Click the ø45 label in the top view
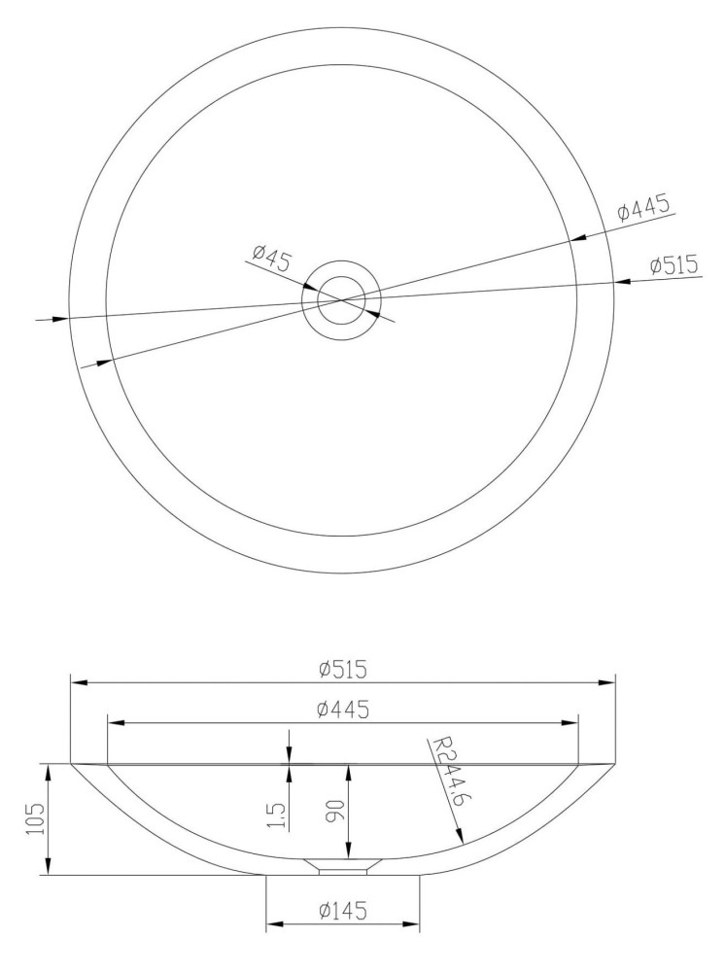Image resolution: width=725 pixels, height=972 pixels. pos(272,260)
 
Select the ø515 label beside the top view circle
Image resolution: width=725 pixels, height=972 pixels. pos(674,265)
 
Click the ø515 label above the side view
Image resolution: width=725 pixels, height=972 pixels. pos(343,670)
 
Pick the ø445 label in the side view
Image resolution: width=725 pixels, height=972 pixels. pos(343,710)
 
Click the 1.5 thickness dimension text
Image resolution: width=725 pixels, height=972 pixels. pos(278,816)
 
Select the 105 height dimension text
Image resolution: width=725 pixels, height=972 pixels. pos(36,818)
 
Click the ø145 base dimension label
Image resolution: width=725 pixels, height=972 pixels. pos(343,911)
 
